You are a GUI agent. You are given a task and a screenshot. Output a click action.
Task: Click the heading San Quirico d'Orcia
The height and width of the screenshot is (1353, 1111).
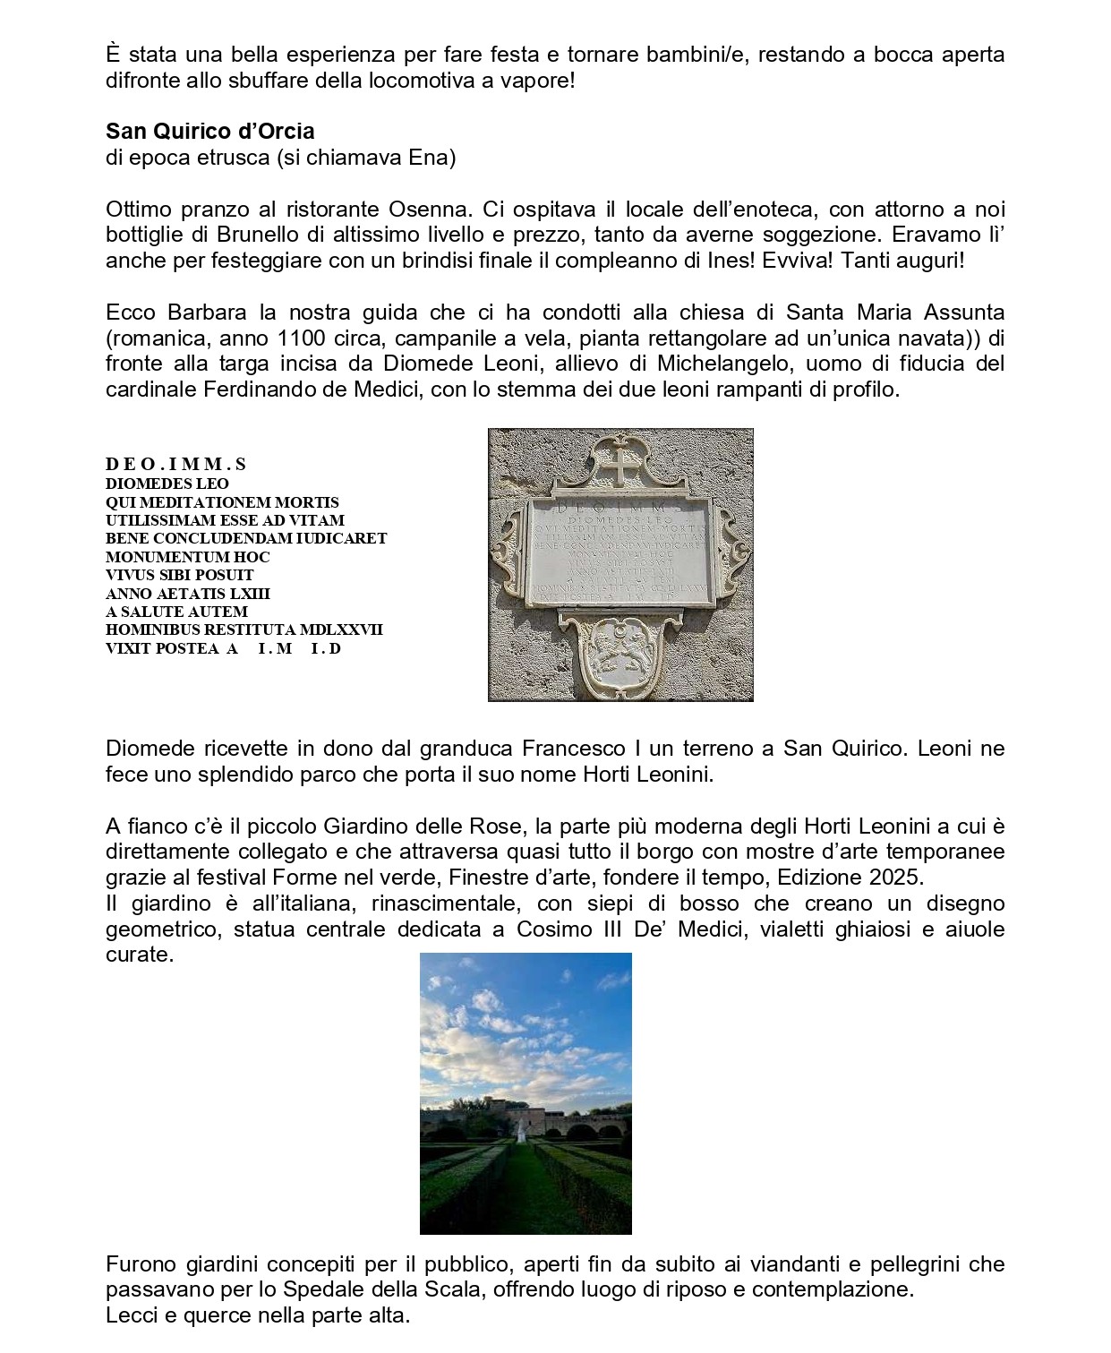click(210, 132)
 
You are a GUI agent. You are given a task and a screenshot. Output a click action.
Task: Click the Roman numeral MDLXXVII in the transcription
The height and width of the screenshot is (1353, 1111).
click(340, 629)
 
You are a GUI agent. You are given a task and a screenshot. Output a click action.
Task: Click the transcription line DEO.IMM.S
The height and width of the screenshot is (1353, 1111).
click(175, 464)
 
